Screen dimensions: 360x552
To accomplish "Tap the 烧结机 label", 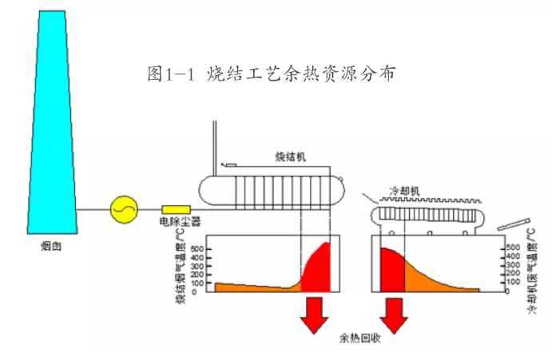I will (290, 156).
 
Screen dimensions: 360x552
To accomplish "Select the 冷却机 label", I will (403, 192).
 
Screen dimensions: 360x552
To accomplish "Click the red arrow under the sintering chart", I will (312, 315).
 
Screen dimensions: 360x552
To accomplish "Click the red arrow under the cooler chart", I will (393, 315).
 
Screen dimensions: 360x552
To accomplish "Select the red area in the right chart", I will (392, 271).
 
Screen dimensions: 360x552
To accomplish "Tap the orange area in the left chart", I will (248, 286).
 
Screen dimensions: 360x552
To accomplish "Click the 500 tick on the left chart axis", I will (197, 249).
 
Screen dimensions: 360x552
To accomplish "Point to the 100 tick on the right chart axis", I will (513, 282).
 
